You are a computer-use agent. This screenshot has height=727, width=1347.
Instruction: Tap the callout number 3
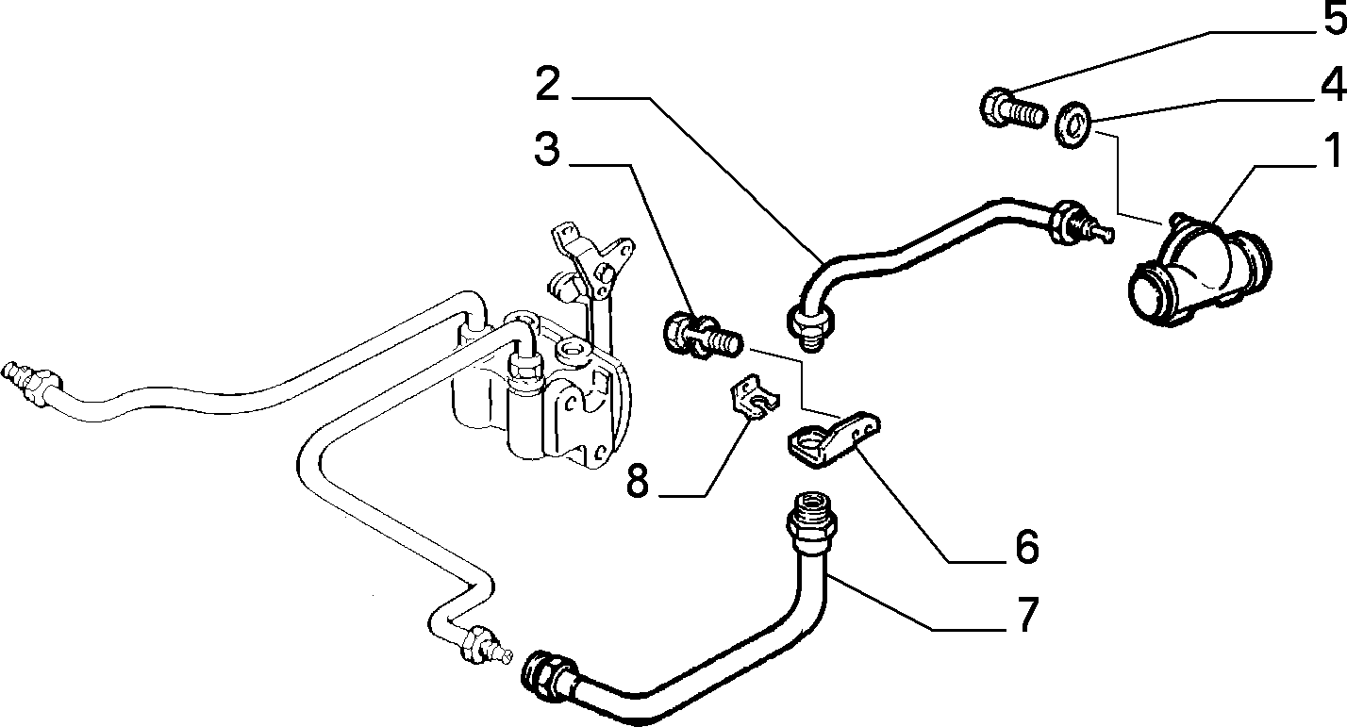click(x=546, y=149)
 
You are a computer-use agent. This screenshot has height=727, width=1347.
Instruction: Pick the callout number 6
click(x=1026, y=546)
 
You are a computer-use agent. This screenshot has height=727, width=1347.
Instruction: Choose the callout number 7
click(x=1027, y=613)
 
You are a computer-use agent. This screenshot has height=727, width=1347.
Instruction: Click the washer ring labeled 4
click(x=1074, y=125)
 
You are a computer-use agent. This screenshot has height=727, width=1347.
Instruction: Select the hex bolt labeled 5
click(x=1013, y=109)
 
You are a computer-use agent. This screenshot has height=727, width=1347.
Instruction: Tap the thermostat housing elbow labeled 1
click(x=1199, y=270)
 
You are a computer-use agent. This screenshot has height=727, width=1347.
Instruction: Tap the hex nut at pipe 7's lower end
click(x=547, y=676)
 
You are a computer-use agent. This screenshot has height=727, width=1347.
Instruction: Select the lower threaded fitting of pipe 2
click(x=810, y=328)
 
